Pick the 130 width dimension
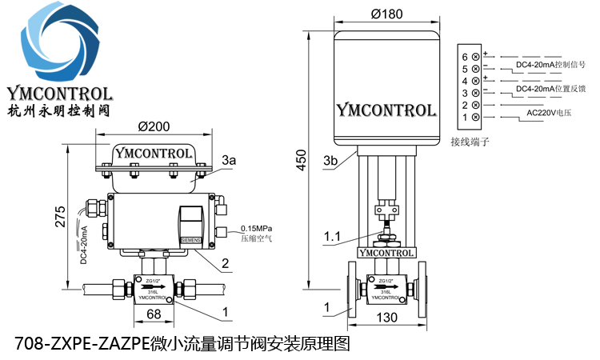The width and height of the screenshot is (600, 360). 388,318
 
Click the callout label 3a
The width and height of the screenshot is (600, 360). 230,161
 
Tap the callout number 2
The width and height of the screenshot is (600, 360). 226,262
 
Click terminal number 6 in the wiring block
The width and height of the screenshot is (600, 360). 464,57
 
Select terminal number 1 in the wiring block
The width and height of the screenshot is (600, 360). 464,118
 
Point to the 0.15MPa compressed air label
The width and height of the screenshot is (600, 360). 258,231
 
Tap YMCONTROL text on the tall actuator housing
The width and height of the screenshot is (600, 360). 386,110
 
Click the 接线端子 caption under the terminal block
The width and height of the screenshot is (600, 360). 470,142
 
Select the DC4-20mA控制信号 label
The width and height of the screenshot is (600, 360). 553,64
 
